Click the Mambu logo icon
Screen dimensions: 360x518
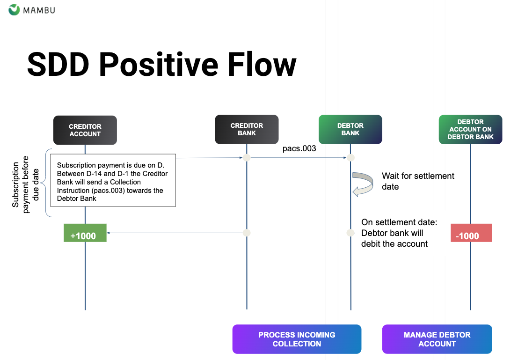tap(15, 9)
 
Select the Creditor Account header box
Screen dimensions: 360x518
tap(85, 130)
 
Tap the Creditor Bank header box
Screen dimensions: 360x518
tap(247, 129)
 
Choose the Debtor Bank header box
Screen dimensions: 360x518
tap(350, 129)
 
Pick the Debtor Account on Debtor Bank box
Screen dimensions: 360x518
tap(470, 129)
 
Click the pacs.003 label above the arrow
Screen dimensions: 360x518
tap(299, 149)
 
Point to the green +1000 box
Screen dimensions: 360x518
tap(85, 233)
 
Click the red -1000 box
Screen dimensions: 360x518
tap(471, 233)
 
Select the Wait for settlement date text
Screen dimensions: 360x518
tap(418, 181)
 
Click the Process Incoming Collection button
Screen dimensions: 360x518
tap(297, 339)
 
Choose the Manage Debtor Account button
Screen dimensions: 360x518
tap(437, 339)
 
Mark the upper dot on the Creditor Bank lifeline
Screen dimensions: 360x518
tap(247, 158)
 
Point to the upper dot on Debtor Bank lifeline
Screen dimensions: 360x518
tap(350, 158)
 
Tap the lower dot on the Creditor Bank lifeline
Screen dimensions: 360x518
tap(247, 233)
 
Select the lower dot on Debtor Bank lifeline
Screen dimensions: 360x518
tap(350, 233)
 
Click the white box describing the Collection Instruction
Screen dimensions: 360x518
tap(113, 180)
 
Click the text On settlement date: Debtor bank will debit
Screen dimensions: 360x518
tap(399, 233)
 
